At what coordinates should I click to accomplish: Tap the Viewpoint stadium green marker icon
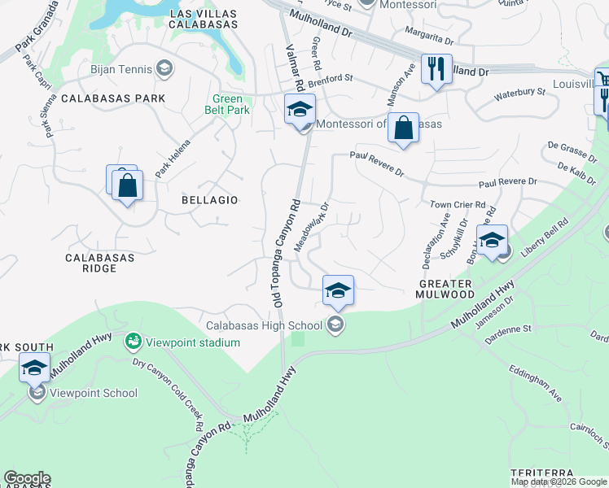pyautogui.click(x=133, y=342)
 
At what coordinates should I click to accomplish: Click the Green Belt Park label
pyautogui.click(x=228, y=105)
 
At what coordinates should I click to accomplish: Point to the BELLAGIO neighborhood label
pyautogui.click(x=210, y=199)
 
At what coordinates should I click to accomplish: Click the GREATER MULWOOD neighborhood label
pyautogui.click(x=445, y=290)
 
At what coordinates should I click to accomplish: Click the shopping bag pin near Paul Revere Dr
pyautogui.click(x=403, y=128)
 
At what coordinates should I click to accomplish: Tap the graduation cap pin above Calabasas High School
pyautogui.click(x=338, y=290)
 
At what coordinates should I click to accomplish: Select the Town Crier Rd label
pyautogui.click(x=458, y=205)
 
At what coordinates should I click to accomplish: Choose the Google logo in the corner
pyautogui.click(x=27, y=478)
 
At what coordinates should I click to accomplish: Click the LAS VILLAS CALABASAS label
pyautogui.click(x=203, y=20)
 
